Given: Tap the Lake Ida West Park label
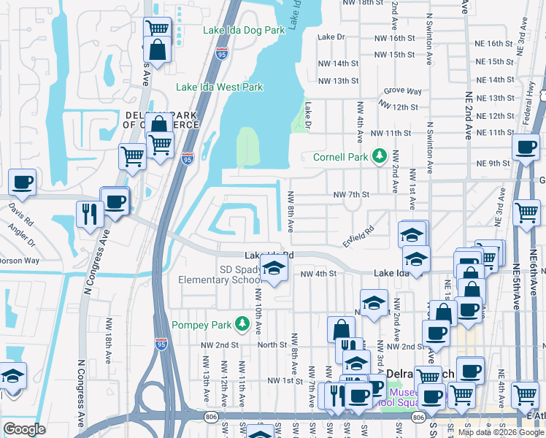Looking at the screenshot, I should coord(219,87).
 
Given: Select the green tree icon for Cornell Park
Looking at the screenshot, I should coord(379,156).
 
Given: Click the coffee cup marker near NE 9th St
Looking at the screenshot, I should coord(524,148).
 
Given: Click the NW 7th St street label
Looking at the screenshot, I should coord(352,195).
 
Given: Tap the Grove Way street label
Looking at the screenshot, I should coord(403,91).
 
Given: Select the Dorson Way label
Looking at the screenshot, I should coord(21,260).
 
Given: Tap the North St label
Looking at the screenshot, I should coord(272,345).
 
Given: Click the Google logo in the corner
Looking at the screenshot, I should coord(25,429).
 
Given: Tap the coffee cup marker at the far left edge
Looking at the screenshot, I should coord(22,182).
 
